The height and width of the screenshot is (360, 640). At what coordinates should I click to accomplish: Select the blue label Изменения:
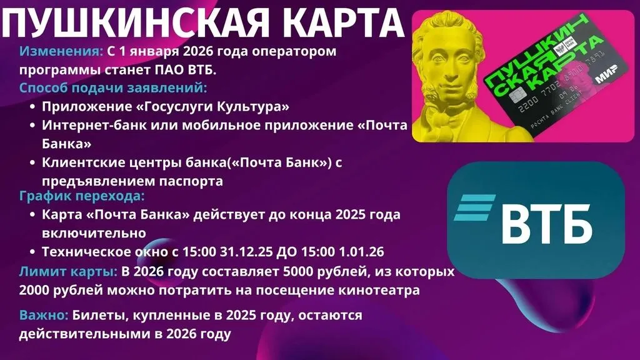(x=61, y=51)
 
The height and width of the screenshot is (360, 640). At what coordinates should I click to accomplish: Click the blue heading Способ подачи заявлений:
(x=113, y=88)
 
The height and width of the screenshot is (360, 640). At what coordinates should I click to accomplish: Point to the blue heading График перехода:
(x=82, y=196)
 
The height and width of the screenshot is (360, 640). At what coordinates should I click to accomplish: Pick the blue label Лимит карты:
(x=68, y=271)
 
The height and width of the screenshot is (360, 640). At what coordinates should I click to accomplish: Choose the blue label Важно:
(x=44, y=315)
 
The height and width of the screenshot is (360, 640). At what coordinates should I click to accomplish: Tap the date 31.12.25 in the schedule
(x=246, y=251)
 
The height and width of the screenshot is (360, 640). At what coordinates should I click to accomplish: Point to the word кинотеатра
(x=379, y=290)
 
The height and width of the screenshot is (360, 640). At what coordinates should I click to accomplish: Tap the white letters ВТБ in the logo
(x=546, y=224)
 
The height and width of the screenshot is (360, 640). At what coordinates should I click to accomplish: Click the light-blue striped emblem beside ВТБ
(x=474, y=207)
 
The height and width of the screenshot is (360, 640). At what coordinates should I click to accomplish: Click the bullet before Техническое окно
(x=32, y=252)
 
